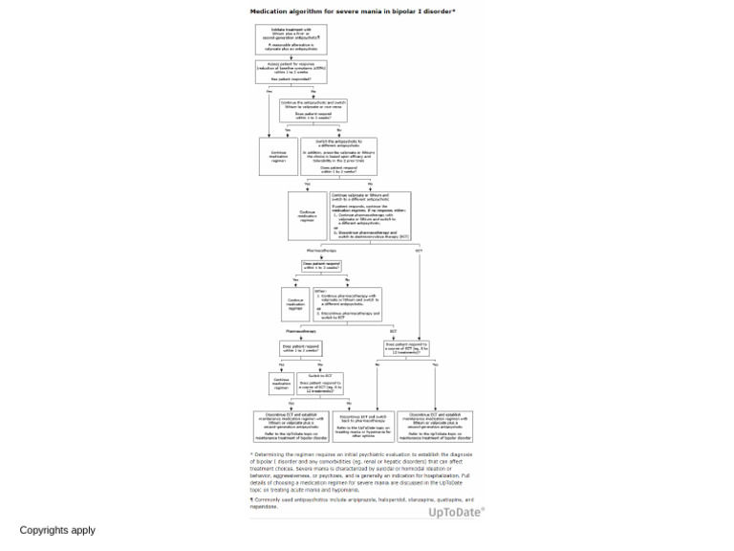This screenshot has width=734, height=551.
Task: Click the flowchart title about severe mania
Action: point(353,11)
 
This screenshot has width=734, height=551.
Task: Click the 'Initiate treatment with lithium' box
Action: point(291,39)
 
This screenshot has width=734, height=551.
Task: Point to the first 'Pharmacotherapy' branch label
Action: point(321,251)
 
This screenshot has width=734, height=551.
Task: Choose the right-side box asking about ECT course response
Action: point(407,347)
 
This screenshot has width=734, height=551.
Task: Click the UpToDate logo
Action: point(456,513)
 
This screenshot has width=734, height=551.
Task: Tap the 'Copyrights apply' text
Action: point(57,530)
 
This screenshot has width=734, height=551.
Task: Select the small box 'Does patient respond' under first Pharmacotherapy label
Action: point(321,266)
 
